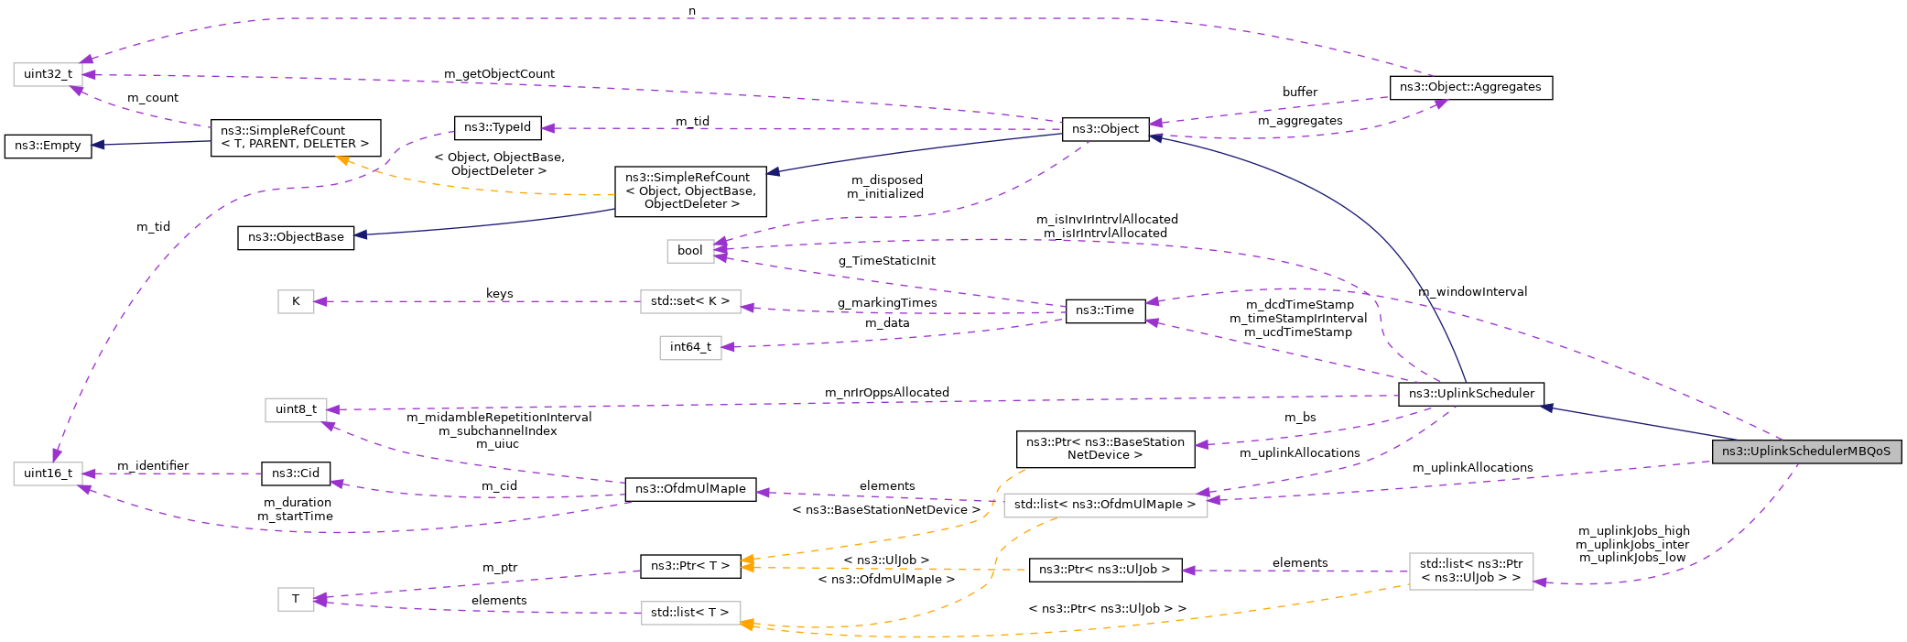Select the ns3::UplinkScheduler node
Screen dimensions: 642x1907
1471,394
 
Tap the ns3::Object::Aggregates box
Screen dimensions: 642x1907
1470,87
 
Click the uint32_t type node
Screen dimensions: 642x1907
48,74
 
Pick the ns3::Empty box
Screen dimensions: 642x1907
48,146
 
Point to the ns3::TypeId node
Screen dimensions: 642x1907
497,127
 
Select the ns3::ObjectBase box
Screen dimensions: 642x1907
296,237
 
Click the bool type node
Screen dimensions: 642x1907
689,251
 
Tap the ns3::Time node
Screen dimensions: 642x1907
1104,310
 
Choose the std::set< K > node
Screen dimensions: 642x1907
689,301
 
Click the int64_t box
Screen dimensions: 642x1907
690,347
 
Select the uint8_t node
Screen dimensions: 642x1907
296,409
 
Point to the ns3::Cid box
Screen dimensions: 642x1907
296,473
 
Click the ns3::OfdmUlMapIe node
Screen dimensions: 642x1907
690,489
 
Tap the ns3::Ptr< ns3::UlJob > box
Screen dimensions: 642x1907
1104,570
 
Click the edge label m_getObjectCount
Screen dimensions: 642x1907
499,74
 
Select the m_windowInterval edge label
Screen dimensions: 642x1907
1472,292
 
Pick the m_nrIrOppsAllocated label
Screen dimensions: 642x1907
886,393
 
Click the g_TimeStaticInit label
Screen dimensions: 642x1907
886,261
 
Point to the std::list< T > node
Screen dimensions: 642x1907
689,613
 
